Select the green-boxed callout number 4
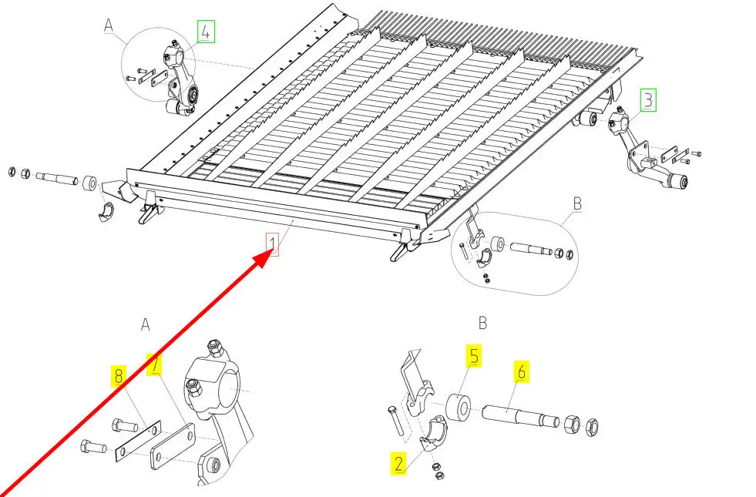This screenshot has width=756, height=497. [x=205, y=32]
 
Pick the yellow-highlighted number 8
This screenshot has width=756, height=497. [x=119, y=377]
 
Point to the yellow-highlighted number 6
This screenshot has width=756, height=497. [x=521, y=372]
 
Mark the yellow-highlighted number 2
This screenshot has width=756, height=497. [x=398, y=463]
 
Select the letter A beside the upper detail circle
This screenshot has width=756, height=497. [x=109, y=25]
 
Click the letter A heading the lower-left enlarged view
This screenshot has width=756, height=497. [x=145, y=325]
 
